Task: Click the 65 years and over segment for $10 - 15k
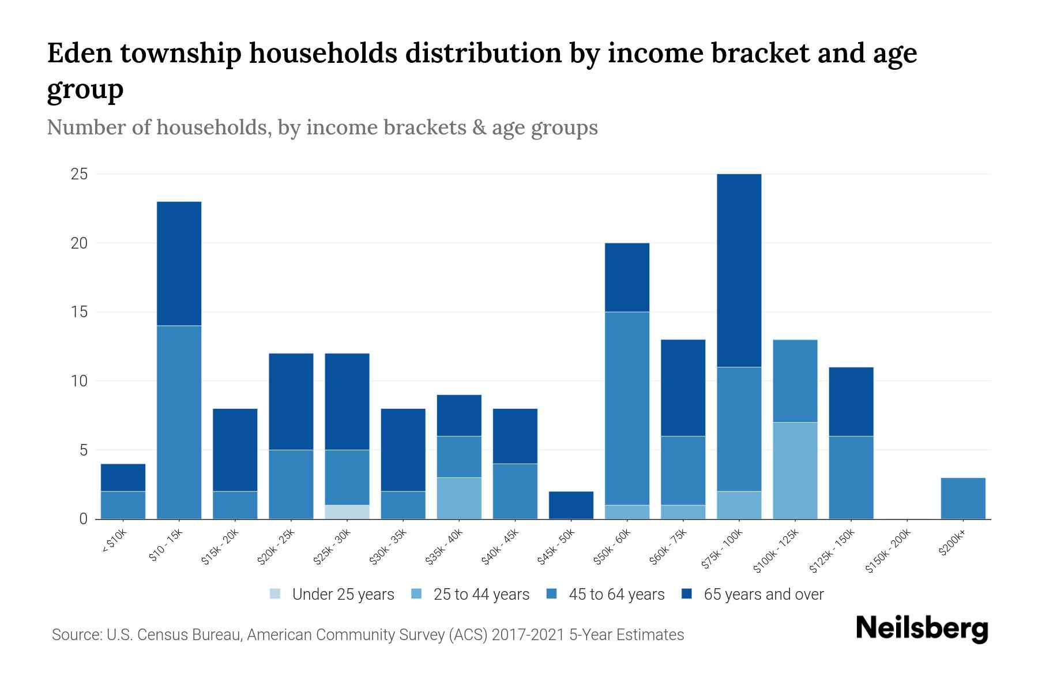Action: (179, 264)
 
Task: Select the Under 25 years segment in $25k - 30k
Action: (347, 512)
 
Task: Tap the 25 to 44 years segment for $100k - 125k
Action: (795, 471)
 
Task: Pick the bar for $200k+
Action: (963, 498)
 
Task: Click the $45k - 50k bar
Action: (571, 505)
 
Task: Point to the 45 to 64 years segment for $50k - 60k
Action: (627, 408)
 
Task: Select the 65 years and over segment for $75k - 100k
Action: (739, 270)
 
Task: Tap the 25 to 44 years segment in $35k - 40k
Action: (459, 498)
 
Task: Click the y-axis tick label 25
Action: (79, 174)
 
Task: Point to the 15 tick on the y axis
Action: (79, 312)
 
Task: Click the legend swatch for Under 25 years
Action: (276, 593)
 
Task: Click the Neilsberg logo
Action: (922, 629)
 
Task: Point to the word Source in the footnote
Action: (76, 635)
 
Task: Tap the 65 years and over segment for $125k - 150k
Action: (851, 401)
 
